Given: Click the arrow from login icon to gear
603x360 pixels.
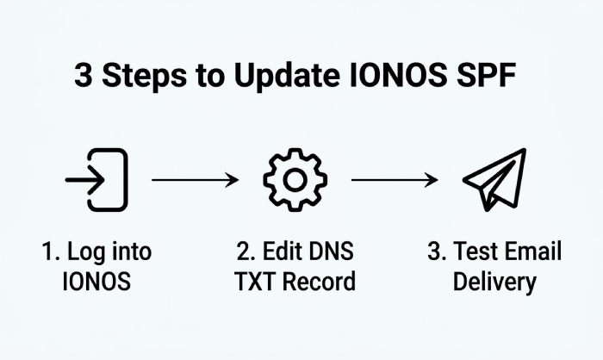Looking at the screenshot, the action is [195, 180].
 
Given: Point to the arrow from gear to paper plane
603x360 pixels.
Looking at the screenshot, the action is [395, 180].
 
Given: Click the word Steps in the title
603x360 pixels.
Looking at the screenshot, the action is [144, 76].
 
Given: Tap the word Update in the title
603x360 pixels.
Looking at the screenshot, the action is [287, 76].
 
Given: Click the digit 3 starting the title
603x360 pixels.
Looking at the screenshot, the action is [84, 75].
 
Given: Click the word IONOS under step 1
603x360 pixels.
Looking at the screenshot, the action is [96, 281].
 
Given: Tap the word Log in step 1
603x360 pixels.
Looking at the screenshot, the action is [84, 252].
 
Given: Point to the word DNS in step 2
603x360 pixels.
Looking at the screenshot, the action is [331, 251].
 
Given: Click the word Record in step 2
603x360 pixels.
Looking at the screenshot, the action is [319, 281].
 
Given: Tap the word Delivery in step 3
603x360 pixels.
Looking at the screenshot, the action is [494, 282].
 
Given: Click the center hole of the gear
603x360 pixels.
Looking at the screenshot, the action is [295, 180].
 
